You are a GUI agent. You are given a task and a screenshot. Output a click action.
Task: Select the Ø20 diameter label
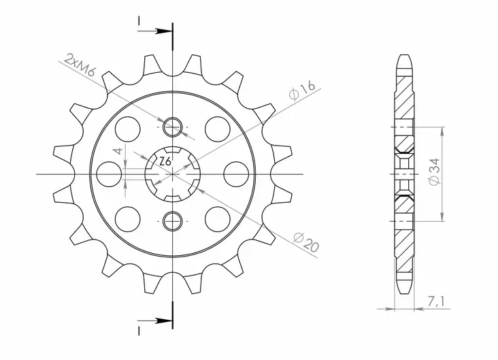pos(305,242)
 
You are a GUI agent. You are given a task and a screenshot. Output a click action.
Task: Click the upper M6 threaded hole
pos(173,125)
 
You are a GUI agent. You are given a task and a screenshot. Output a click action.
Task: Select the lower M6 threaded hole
pos(173,219)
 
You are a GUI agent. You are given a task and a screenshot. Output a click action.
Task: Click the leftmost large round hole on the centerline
pos(108,171)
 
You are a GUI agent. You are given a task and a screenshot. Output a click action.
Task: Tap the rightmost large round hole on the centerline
pos(237,171)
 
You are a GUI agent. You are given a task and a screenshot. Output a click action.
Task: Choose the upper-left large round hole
pos(127,126)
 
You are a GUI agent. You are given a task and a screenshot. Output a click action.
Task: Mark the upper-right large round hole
pos(217,126)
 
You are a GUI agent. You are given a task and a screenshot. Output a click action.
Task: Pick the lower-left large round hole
pos(127,218)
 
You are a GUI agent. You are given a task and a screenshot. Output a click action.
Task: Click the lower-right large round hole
pos(217,218)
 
